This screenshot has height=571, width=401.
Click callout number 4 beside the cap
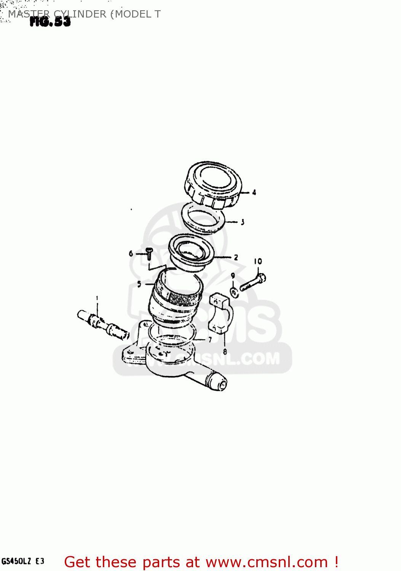(254, 193)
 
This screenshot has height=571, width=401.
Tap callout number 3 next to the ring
(243, 222)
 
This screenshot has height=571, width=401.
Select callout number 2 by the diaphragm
(236, 257)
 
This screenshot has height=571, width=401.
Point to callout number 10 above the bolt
(258, 261)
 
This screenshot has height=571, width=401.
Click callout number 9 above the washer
(233, 276)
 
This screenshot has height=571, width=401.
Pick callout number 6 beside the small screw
(131, 253)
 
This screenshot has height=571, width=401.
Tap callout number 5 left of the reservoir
(139, 284)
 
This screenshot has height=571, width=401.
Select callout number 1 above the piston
(97, 298)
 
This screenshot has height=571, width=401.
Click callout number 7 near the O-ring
(209, 339)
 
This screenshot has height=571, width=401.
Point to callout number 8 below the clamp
(225, 352)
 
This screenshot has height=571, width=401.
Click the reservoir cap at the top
(213, 185)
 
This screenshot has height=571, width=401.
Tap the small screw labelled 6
(149, 254)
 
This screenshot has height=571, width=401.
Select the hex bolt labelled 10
(253, 282)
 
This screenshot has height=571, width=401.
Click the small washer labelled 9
(235, 292)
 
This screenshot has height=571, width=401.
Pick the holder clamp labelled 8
(220, 313)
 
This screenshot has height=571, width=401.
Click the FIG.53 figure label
(50, 22)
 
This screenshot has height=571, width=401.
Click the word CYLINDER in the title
(80, 14)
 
